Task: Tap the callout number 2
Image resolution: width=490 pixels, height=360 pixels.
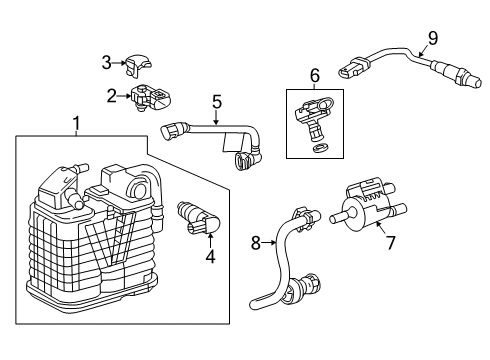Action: click(111, 96)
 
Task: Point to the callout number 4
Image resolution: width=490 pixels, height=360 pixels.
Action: click(210, 257)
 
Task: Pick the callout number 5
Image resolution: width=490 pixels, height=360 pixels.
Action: click(215, 101)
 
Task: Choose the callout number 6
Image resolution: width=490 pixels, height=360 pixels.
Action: click(314, 75)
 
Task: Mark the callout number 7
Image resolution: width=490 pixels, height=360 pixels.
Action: click(390, 242)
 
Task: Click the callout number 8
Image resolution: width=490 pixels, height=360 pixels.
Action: click(255, 241)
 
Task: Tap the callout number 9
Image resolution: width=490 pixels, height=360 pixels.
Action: click(432, 38)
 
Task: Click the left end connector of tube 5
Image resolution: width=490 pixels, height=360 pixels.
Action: click(171, 128)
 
